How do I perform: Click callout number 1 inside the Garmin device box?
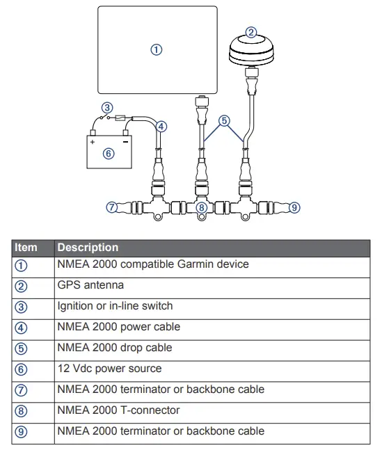157,49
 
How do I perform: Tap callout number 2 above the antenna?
252,31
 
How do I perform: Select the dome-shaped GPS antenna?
251,51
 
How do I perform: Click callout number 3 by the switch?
106,108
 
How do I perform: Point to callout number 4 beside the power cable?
161,126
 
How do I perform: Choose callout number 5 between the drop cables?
224,120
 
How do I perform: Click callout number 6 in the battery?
109,154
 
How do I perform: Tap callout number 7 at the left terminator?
111,207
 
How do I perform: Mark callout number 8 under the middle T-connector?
201,207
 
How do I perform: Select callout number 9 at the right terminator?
294,207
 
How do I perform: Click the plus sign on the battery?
92,142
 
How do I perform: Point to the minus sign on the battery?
125,142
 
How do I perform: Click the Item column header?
26,248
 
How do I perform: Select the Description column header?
88,248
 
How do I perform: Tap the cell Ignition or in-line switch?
115,306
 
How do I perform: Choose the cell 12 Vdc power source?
109,369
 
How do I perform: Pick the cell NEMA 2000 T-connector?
118,410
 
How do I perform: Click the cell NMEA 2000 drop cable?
114,348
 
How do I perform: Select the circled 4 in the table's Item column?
22,327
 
